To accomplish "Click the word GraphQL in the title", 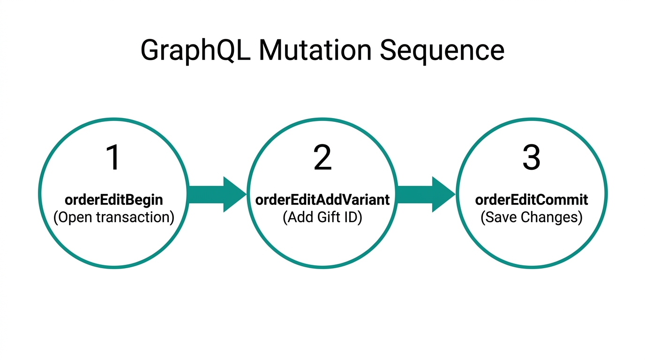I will point(195,51).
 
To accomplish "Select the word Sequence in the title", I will point(442,51).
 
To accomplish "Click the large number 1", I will point(114,158).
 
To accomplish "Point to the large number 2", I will point(322,158).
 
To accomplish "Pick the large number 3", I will point(531,158).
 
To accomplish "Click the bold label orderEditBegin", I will point(114,200).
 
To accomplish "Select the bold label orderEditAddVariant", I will point(322,200).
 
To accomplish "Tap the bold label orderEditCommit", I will point(531,200).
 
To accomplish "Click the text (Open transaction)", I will point(114,217).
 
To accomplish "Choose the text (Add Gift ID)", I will point(322,217).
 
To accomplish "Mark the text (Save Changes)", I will point(531,217).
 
